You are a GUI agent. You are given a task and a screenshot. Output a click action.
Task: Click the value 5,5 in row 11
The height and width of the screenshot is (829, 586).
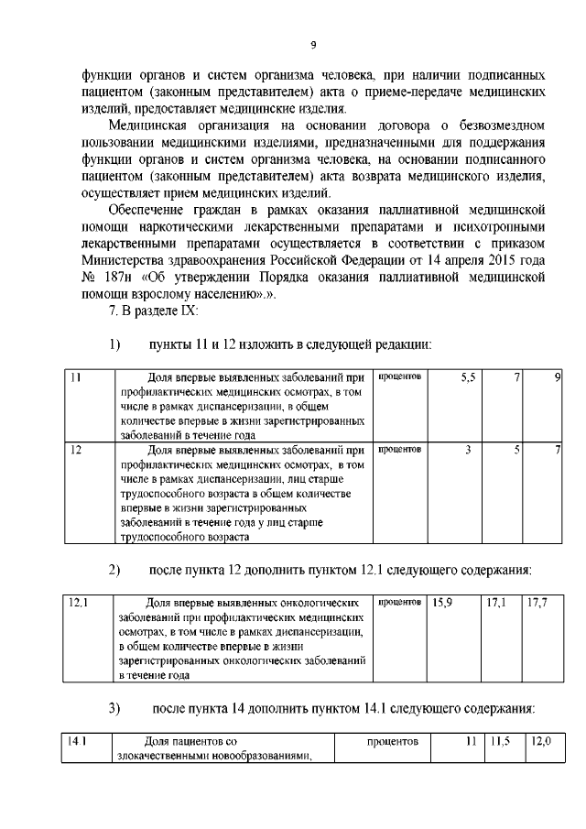tap(467, 376)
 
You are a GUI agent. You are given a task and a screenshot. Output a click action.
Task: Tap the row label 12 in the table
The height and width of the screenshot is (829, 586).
tap(76, 450)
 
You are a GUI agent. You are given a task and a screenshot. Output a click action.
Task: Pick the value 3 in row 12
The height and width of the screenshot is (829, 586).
tap(467, 450)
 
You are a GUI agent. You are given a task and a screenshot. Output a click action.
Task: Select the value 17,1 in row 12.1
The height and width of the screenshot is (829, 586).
tap(497, 605)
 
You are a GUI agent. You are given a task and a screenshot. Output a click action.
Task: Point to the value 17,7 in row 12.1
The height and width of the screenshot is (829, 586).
tap(538, 605)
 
